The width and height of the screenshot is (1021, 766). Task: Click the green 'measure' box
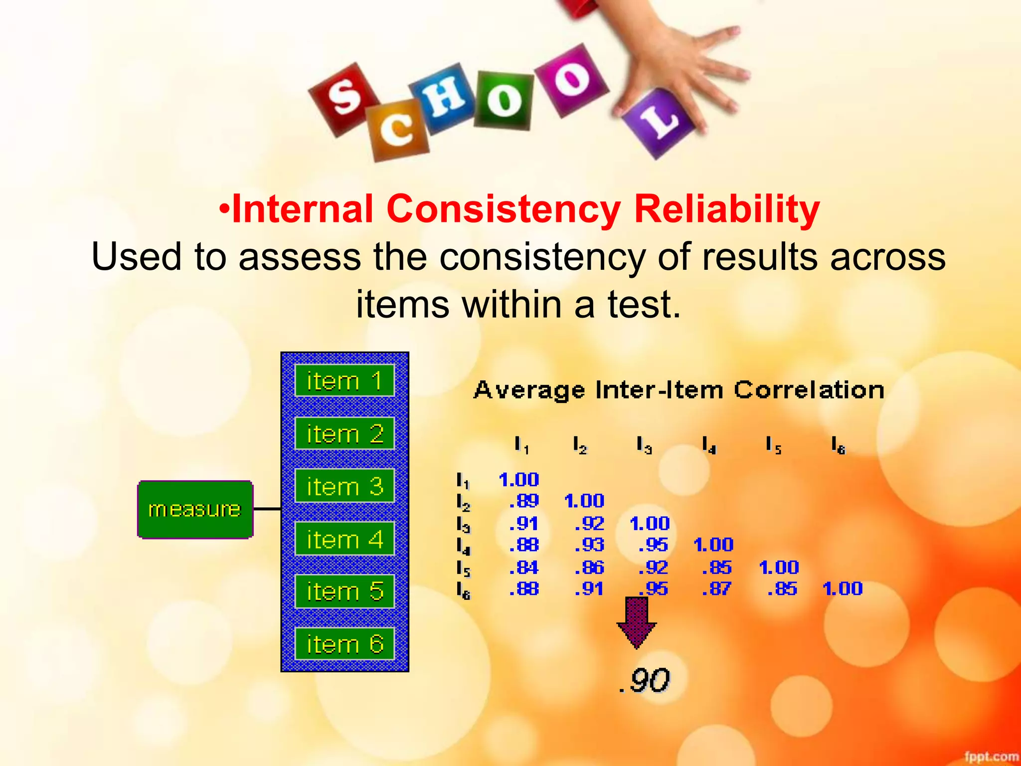point(195,509)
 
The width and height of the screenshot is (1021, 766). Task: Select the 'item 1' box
point(344,381)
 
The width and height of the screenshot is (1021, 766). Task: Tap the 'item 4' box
point(344,539)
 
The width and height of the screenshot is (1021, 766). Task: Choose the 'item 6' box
point(344,644)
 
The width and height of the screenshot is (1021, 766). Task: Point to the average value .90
point(644,680)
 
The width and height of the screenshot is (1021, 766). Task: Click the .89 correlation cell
point(524,501)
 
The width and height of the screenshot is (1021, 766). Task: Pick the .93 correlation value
point(589,545)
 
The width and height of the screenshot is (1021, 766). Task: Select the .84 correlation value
point(524,568)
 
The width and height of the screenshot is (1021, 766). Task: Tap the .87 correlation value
point(717,589)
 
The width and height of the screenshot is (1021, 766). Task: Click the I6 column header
point(838,445)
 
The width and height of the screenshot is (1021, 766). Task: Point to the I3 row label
point(463,524)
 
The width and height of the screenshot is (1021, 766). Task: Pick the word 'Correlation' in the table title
point(809,390)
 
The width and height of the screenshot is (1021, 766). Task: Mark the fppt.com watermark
point(991,757)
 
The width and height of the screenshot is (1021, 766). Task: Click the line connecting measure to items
point(267,509)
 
